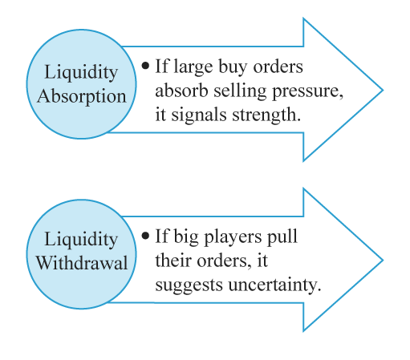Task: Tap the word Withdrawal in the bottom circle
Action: (82, 263)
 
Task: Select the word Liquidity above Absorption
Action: (81, 73)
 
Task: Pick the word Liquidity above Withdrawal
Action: (81, 240)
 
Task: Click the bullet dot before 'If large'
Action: (145, 66)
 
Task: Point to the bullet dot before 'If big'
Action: (145, 236)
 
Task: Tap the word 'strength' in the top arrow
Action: (266, 115)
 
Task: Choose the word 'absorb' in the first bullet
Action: (181, 91)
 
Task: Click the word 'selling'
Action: (240, 91)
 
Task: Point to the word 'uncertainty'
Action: (274, 285)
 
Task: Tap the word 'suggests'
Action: (189, 286)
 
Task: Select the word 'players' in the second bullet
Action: (233, 237)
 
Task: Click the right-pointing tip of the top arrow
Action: (383, 90)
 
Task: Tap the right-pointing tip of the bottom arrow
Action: (383, 260)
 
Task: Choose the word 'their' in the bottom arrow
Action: (173, 261)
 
